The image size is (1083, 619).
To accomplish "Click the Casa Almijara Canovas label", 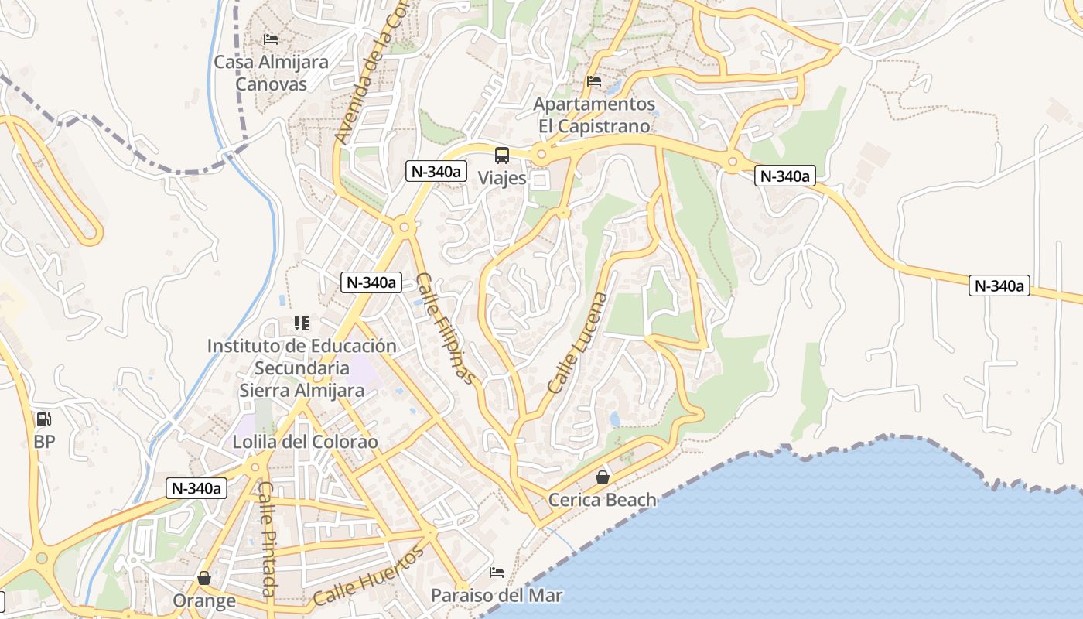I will (x=271, y=73).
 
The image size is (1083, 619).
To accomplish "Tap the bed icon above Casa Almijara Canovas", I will (x=271, y=39).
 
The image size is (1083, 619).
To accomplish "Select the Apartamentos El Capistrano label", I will (x=594, y=115).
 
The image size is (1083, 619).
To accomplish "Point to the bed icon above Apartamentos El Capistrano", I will (x=594, y=80).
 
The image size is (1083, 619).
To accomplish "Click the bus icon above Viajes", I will (x=502, y=155).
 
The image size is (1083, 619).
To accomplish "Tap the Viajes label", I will (x=502, y=178).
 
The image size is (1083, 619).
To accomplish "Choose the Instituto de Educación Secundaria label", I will (x=302, y=368).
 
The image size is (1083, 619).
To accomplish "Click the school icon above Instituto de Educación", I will (x=302, y=323).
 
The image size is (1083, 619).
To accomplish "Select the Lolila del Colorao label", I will (x=306, y=443).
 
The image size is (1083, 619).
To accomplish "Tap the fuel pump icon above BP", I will (x=44, y=419).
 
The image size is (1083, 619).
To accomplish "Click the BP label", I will (x=44, y=443).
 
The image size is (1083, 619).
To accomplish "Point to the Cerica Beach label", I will (x=603, y=500).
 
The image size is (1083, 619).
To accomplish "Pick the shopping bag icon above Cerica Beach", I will (x=603, y=477).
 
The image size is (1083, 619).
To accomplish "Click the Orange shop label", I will (x=204, y=601).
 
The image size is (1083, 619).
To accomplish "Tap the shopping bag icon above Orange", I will (x=204, y=578).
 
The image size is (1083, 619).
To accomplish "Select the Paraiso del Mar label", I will (x=497, y=596).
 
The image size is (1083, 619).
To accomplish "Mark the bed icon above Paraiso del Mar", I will (x=497, y=573).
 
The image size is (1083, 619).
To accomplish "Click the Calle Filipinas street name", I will (x=445, y=328).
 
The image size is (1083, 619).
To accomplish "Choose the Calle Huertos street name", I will (x=370, y=576).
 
